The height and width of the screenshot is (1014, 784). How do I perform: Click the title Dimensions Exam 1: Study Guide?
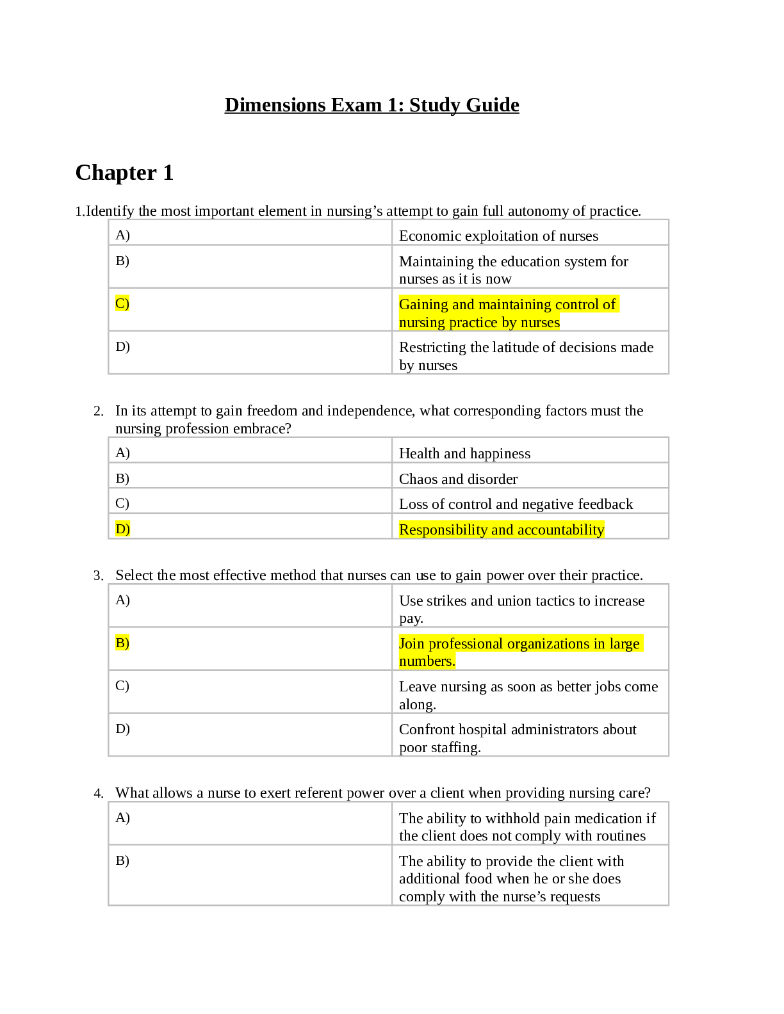click(x=372, y=105)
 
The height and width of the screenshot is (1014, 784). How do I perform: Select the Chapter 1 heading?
click(x=124, y=173)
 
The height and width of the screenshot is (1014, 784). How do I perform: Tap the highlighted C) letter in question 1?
click(x=122, y=303)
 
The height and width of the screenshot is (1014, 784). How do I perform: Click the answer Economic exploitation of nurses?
click(x=498, y=236)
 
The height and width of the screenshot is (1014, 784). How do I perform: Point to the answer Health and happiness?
click(x=464, y=454)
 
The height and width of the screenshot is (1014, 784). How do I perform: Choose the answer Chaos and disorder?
click(x=458, y=479)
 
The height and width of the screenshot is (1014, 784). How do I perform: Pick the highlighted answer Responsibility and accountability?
click(x=501, y=530)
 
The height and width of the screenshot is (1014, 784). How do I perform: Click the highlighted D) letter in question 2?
click(x=122, y=529)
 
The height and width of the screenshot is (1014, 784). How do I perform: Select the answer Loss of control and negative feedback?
click(x=516, y=504)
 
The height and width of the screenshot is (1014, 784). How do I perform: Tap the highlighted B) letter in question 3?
click(x=122, y=643)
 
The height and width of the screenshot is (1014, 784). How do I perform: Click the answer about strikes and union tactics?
click(x=521, y=609)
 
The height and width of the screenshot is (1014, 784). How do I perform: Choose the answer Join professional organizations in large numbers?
click(x=519, y=652)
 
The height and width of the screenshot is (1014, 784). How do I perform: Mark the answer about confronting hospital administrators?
click(x=518, y=738)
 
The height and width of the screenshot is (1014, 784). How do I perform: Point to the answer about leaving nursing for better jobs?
click(x=528, y=695)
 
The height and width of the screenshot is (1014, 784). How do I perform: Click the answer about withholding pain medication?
click(x=527, y=827)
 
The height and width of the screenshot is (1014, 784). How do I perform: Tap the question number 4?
click(x=98, y=794)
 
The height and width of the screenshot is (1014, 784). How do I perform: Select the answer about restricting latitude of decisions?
click(x=526, y=356)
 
